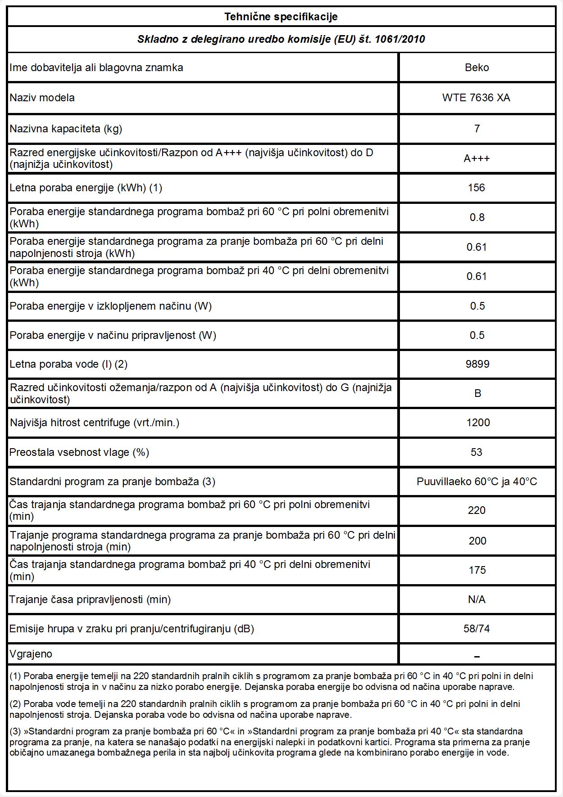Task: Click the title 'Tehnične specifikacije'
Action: (281, 17)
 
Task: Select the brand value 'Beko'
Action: (477, 68)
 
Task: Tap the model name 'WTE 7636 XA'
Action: (476, 98)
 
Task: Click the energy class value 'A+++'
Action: (477, 158)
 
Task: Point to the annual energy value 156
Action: (477, 188)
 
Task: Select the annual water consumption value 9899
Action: (477, 364)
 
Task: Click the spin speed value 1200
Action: (478, 423)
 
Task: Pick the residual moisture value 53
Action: (477, 452)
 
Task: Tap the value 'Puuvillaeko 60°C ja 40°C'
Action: (477, 482)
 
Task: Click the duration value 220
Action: (477, 510)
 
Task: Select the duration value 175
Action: (477, 570)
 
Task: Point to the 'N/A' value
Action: (477, 599)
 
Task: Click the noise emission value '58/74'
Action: (477, 629)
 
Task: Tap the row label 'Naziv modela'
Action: (42, 98)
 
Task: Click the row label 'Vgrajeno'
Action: (31, 654)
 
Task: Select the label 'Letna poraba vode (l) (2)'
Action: (68, 364)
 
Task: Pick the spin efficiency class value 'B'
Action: (477, 393)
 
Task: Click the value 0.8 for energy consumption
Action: (477, 217)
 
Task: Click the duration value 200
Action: (477, 541)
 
